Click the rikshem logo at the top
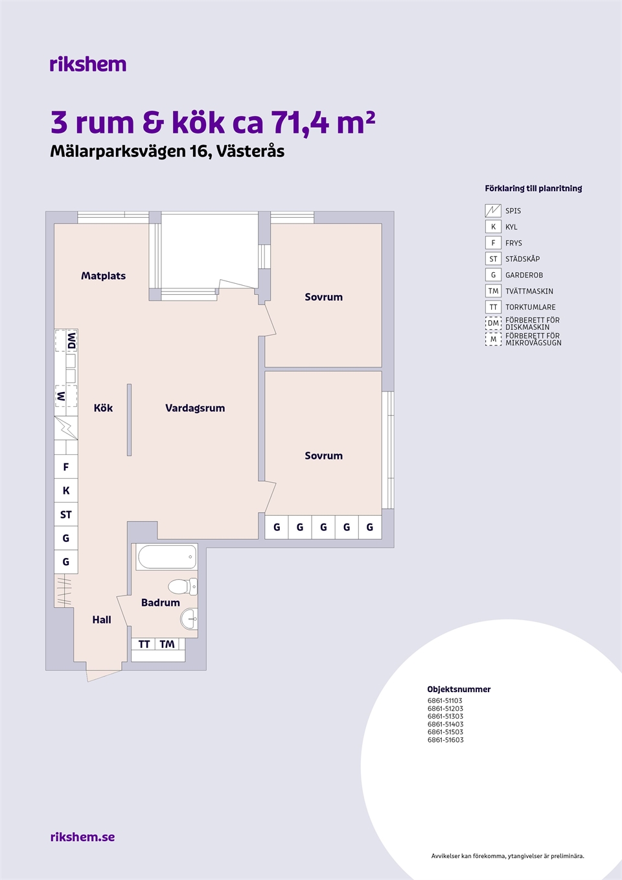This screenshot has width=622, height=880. pyautogui.click(x=88, y=64)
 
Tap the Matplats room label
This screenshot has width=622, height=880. pyautogui.click(x=103, y=276)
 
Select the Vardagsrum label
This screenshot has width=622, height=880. pyautogui.click(x=195, y=408)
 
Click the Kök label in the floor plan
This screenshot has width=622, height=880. pyautogui.click(x=103, y=408)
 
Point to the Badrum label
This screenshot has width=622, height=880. pyautogui.click(x=161, y=602)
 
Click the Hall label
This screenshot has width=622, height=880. pyautogui.click(x=102, y=619)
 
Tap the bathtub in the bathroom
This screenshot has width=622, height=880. pyautogui.click(x=167, y=557)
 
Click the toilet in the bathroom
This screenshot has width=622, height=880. pyautogui.click(x=183, y=586)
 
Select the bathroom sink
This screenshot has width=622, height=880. pyautogui.click(x=189, y=619)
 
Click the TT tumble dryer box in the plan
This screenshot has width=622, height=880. pyautogui.click(x=144, y=644)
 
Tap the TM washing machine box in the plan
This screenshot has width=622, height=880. pyautogui.click(x=167, y=644)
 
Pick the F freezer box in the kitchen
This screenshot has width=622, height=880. pyautogui.click(x=66, y=467)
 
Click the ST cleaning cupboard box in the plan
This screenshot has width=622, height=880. pyautogui.click(x=66, y=515)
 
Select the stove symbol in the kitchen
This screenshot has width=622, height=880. pyautogui.click(x=66, y=428)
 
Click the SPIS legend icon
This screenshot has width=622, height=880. pyautogui.click(x=493, y=211)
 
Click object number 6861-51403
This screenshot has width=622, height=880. pyautogui.click(x=445, y=724)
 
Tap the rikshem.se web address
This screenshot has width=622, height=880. pyautogui.click(x=83, y=837)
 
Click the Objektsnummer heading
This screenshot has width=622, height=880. pyautogui.click(x=459, y=689)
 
